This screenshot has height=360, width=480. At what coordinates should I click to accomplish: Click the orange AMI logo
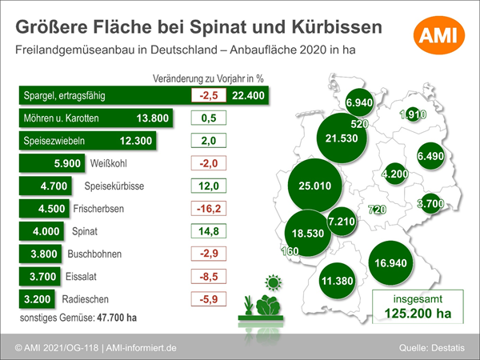click(x=439, y=35)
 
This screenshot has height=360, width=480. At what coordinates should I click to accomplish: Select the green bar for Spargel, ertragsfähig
click(x=144, y=95)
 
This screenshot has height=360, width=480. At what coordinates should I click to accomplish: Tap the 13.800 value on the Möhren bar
click(x=153, y=118)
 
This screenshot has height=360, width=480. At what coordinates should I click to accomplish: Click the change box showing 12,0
click(x=209, y=186)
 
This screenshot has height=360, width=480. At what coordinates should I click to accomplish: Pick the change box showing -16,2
click(x=209, y=209)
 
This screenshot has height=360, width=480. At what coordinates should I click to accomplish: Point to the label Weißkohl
click(x=108, y=163)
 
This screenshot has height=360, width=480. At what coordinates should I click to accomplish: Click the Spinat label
click(x=85, y=231)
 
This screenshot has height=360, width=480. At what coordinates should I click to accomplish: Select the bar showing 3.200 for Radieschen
click(x=37, y=299)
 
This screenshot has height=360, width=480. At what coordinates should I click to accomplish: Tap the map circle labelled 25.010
click(x=314, y=186)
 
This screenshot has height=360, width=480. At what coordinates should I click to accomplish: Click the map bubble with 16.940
click(x=390, y=263)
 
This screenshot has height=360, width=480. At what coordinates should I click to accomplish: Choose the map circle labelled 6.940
click(x=359, y=102)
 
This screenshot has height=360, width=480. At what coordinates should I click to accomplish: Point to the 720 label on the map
click(x=377, y=210)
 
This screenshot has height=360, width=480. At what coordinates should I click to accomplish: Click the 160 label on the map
click(x=290, y=251)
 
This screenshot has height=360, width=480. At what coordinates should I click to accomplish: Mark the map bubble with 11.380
click(x=337, y=281)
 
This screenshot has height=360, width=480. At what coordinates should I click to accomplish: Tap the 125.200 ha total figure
click(x=418, y=314)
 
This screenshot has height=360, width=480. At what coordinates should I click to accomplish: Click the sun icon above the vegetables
click(x=274, y=282)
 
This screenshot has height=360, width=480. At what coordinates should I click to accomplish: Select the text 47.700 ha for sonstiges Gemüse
click(x=117, y=318)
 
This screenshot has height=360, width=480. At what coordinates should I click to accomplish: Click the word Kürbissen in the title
click(x=337, y=27)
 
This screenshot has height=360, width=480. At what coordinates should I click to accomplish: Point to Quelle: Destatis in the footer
click(x=432, y=348)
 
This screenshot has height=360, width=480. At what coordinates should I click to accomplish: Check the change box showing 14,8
click(x=209, y=231)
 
